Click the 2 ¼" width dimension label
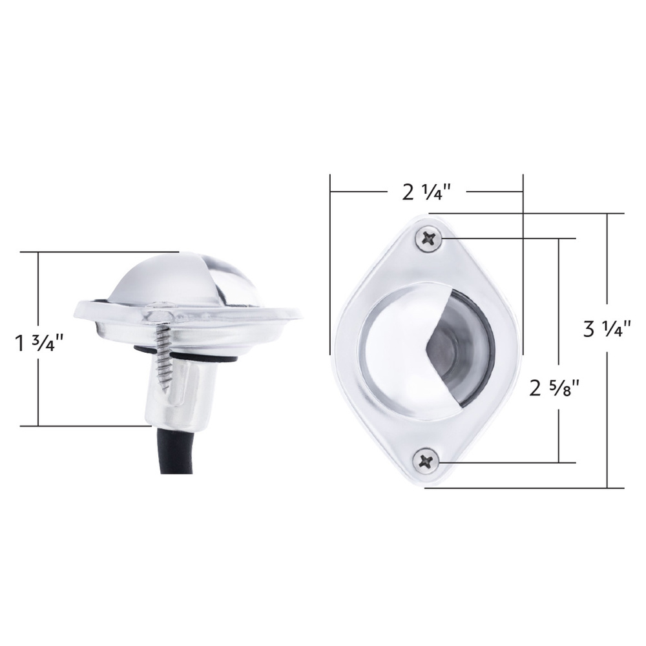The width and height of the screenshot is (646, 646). tap(427, 193)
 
